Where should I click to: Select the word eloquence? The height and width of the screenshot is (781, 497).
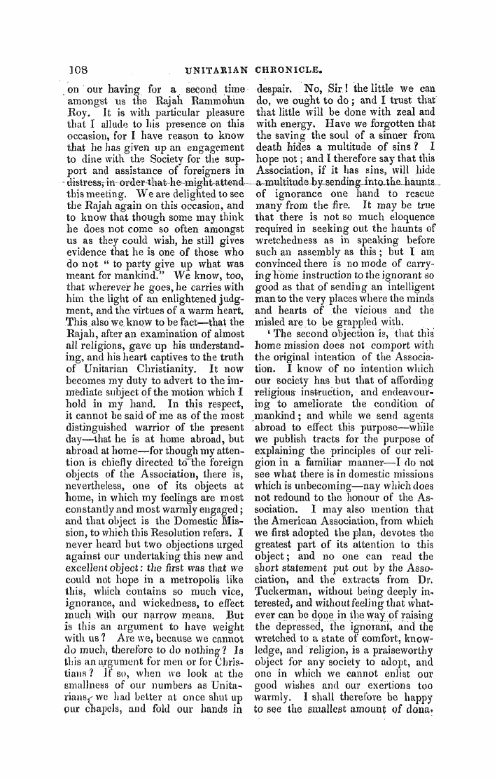(405, 216)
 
